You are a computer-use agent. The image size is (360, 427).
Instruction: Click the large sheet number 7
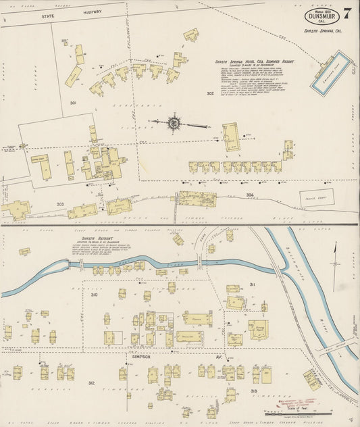point(346,13)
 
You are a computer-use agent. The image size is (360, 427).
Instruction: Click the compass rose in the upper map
point(174,124)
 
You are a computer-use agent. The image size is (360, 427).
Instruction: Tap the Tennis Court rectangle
point(313,198)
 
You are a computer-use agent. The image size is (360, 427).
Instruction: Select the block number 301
point(72,103)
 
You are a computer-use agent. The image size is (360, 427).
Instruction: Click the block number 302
point(210,93)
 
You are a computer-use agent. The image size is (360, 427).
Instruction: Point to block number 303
point(60,203)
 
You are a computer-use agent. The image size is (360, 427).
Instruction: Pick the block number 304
point(250,195)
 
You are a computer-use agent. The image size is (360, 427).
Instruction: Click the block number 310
point(94,295)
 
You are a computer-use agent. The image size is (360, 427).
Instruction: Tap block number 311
point(252,284)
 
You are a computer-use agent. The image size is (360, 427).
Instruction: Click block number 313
point(253,391)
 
